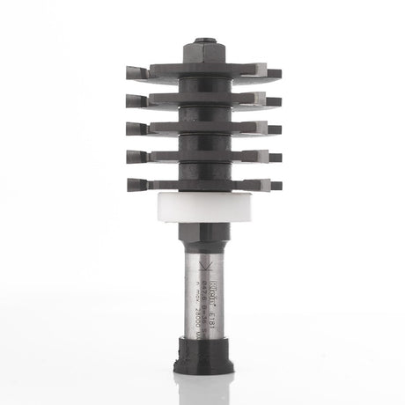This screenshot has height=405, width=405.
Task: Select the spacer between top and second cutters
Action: pyautogui.click(x=202, y=86)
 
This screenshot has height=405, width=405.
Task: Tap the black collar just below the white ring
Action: pyautogui.click(x=202, y=235)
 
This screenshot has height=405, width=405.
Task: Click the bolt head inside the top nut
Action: pyautogui.click(x=202, y=40)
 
